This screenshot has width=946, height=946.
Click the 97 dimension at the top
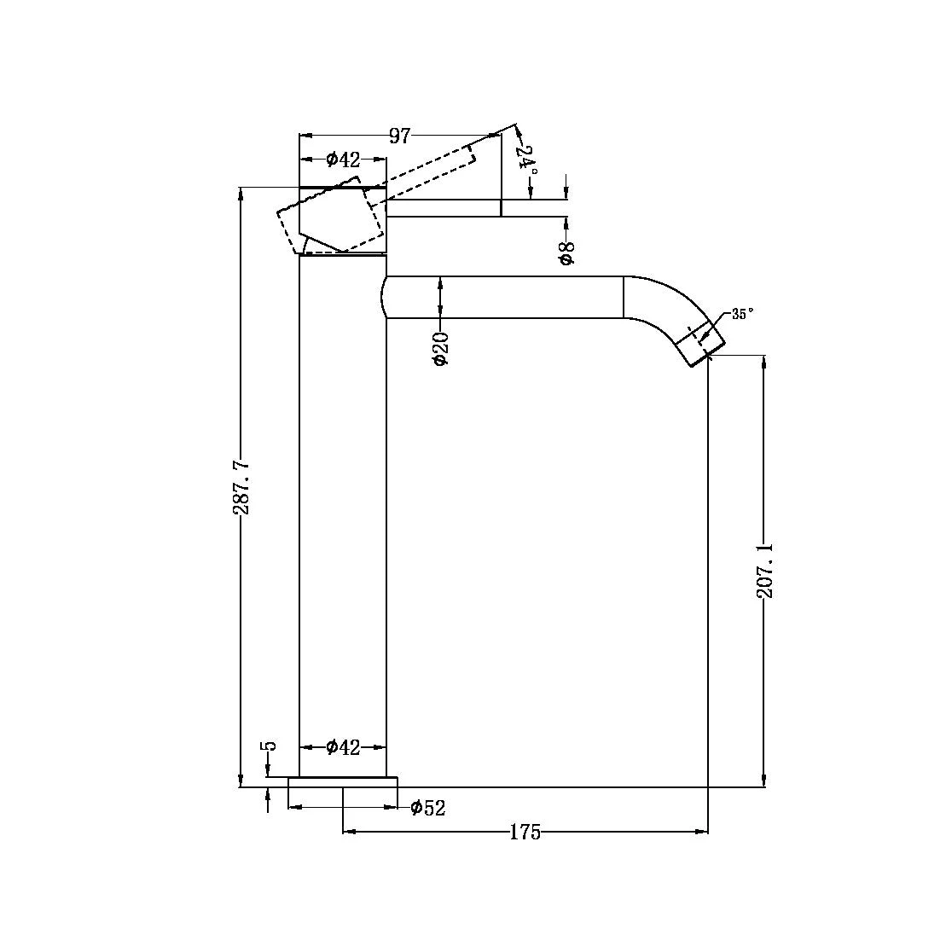point(400,136)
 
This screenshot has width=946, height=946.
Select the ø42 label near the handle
point(343,160)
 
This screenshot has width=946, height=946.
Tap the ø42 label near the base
point(343,748)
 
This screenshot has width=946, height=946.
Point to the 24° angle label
point(530,160)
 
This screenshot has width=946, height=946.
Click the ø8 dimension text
point(566,253)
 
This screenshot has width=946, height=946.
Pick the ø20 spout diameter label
point(440,349)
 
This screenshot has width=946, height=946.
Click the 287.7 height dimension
point(241,487)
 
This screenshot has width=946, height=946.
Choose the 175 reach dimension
point(525,833)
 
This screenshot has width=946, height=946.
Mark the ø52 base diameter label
point(427,808)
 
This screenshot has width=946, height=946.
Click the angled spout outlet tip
point(701,345)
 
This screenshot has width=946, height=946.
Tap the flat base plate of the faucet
point(343,782)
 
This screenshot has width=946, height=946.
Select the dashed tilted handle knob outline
point(333,220)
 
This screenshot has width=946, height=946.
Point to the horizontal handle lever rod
point(444,208)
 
